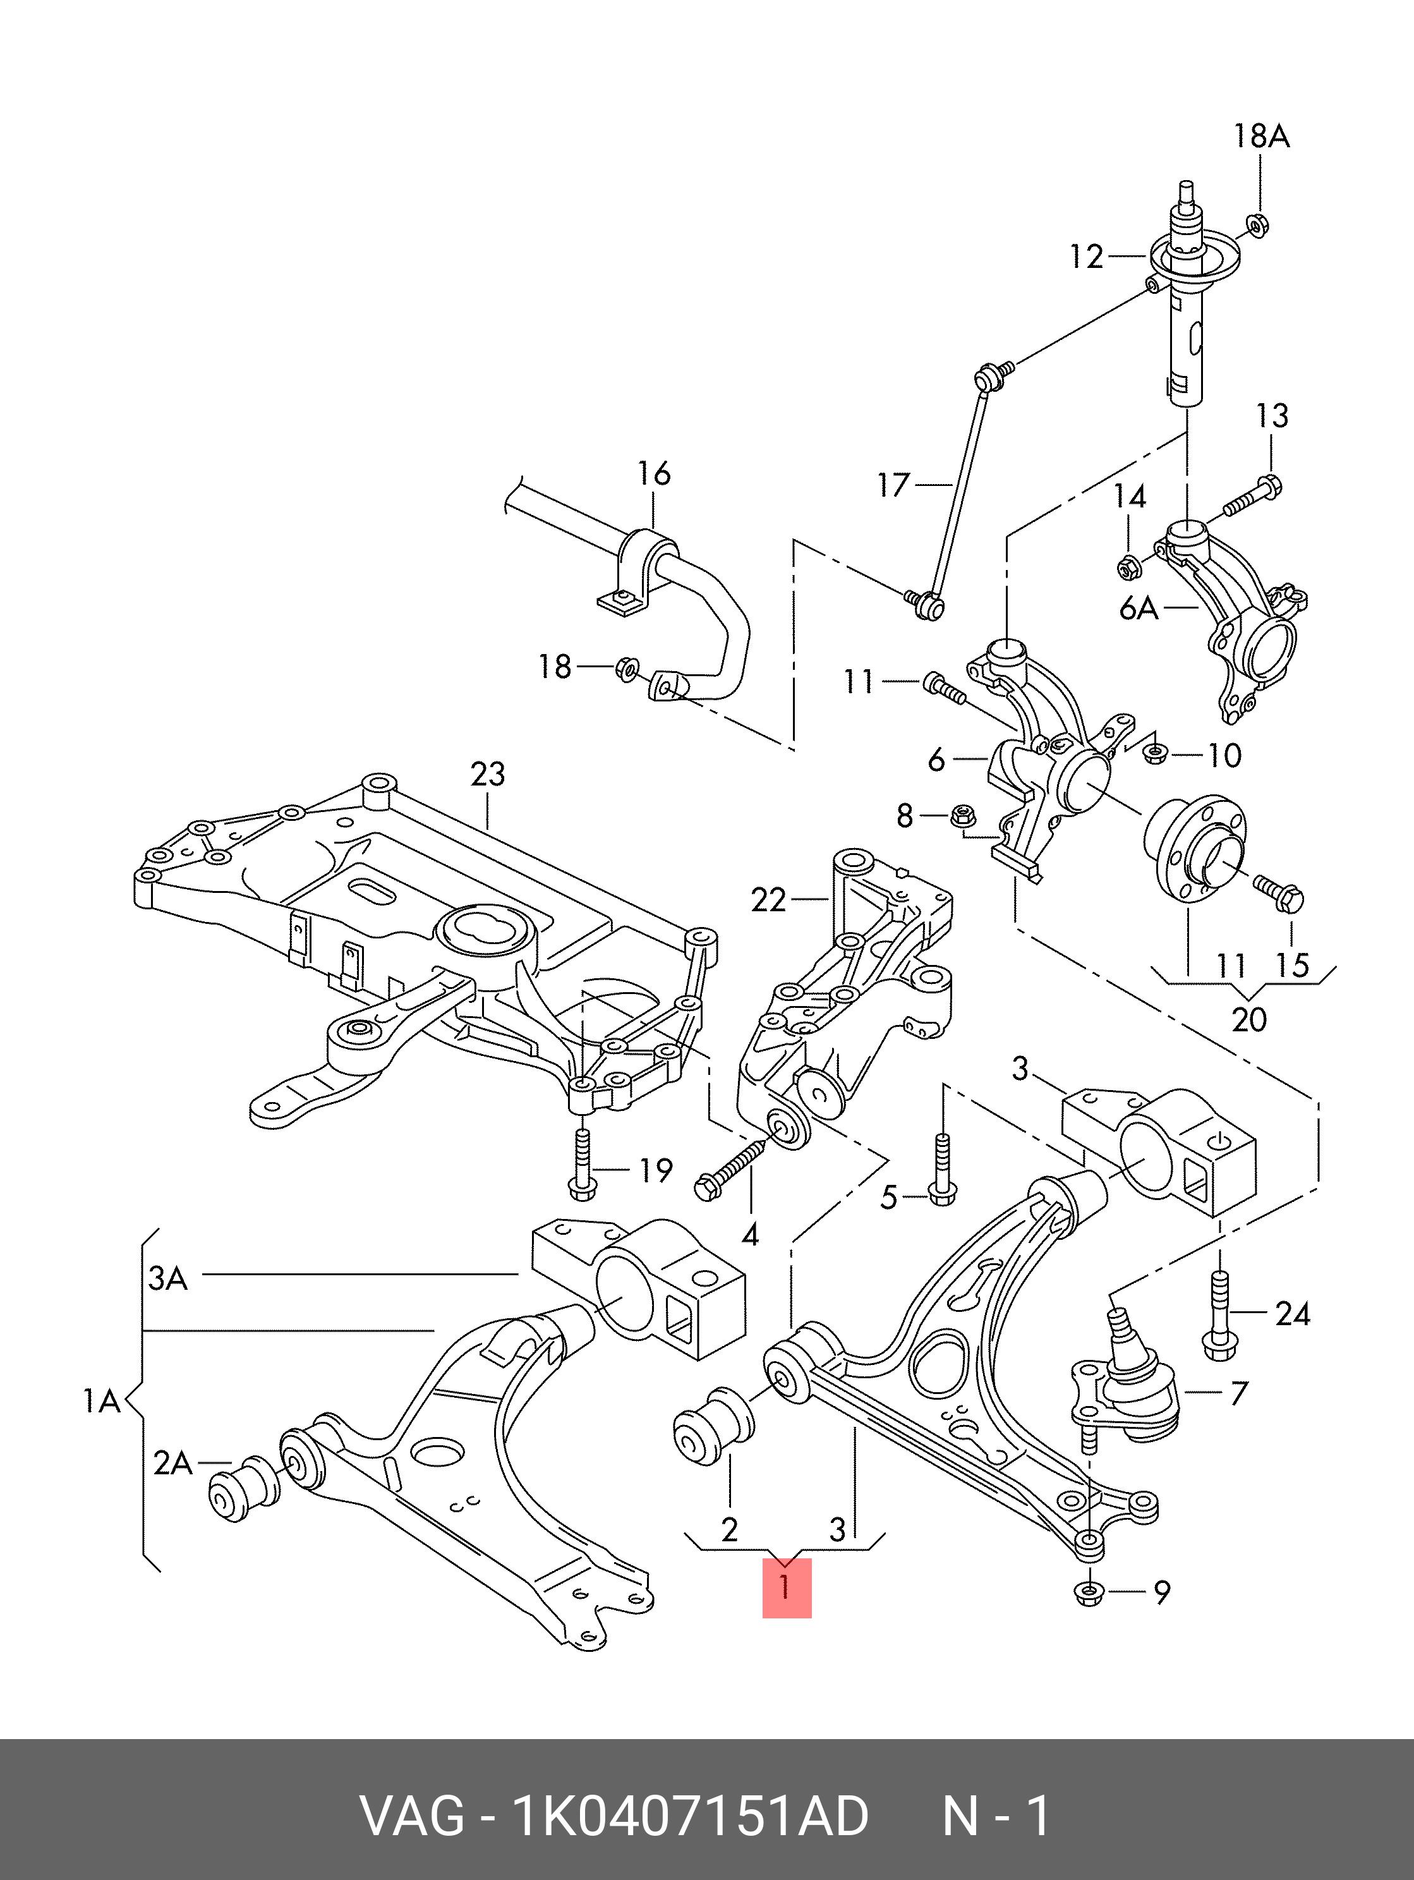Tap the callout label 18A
1261,136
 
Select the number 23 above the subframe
488,773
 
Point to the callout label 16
655,473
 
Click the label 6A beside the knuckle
1139,609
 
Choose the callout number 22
768,899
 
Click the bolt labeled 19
581,1161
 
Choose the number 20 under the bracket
1249,1018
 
